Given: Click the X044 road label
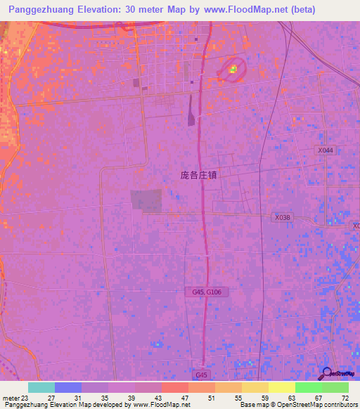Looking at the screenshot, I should [325, 150].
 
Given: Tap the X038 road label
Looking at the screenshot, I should [283, 218].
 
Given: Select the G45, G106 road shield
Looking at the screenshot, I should [209, 291].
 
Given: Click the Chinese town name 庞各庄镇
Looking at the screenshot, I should [199, 176].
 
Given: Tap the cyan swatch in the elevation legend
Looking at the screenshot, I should [41, 387].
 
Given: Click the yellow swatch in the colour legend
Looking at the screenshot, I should [281, 387].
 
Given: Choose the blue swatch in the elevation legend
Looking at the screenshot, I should [68, 387].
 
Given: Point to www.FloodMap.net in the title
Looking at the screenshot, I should [238, 10].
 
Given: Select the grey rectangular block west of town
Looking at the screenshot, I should [146, 200].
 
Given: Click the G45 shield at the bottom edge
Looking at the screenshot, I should [202, 376].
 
